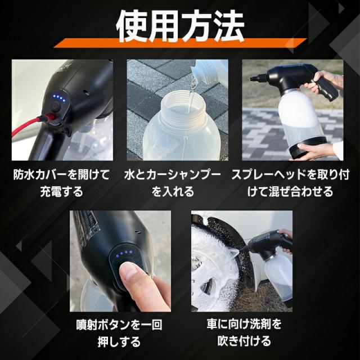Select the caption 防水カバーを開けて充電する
[x=62, y=182]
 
